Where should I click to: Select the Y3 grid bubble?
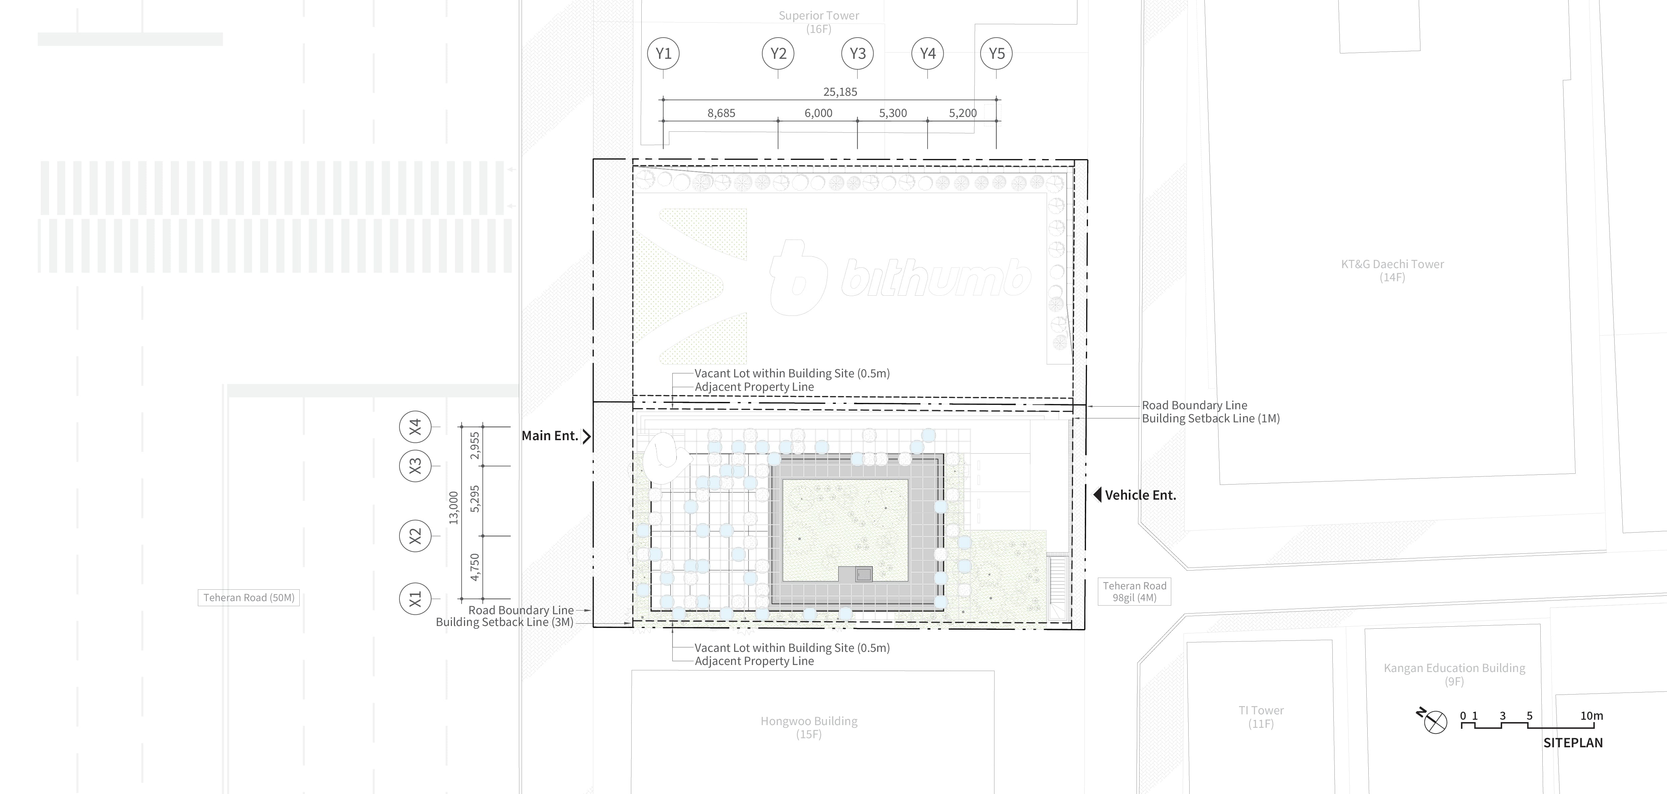point(857,54)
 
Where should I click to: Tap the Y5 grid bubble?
point(996,54)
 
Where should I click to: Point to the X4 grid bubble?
point(415,427)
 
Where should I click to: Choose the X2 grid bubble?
point(415,536)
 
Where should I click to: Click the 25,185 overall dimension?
point(840,92)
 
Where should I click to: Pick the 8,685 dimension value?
point(721,113)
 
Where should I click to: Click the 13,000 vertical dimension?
point(454,508)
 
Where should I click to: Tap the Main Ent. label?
point(549,436)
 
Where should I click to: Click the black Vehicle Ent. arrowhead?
point(1097,495)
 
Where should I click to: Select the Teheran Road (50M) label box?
point(249,598)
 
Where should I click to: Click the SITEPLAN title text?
point(1573,743)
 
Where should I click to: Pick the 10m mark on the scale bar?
point(1592,716)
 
